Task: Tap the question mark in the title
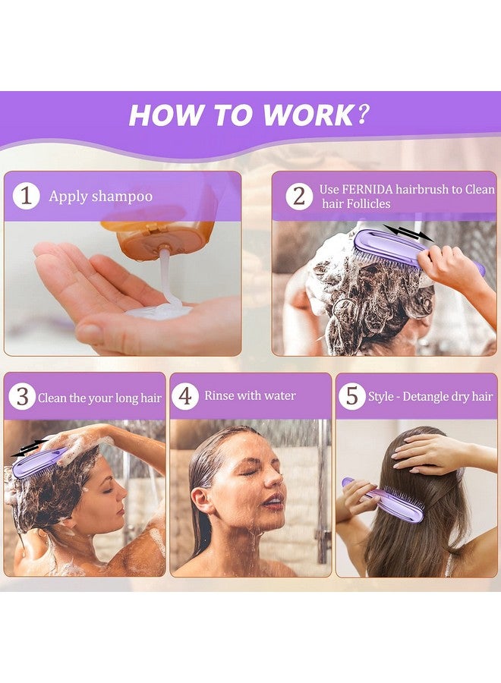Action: [364, 114]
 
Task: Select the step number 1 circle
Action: [26, 196]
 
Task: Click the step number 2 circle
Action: [299, 196]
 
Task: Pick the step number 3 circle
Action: [22, 396]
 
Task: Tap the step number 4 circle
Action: [184, 396]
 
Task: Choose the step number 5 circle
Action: [351, 396]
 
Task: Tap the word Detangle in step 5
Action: [427, 396]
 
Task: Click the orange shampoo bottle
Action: [163, 228]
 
